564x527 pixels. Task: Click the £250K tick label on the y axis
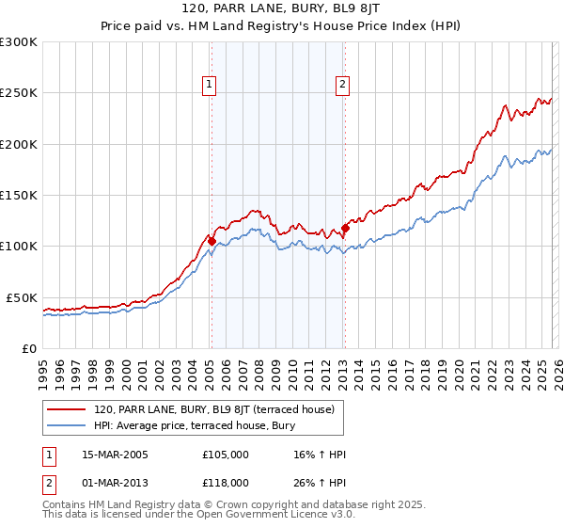pyautogui.click(x=19, y=93)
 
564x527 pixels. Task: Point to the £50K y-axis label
pyautogui.click(x=22, y=297)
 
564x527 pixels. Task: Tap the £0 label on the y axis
pyautogui.click(x=29, y=348)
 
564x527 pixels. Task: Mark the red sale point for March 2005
pyautogui.click(x=211, y=241)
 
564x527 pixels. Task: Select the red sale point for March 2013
pyautogui.click(x=345, y=228)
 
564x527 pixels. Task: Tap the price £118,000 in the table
pyautogui.click(x=225, y=482)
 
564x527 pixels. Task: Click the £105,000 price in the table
pyautogui.click(x=225, y=455)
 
